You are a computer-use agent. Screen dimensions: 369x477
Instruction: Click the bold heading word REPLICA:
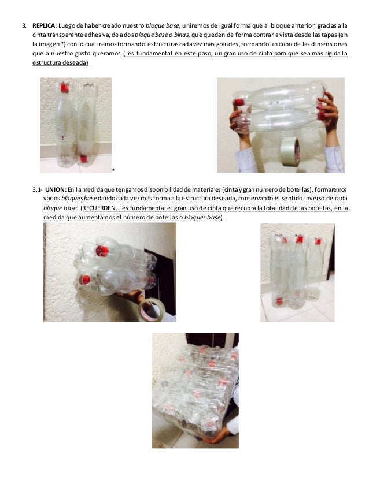(x=45, y=25)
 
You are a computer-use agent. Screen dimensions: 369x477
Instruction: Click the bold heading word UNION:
(x=56, y=189)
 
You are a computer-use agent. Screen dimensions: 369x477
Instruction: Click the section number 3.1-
(x=38, y=189)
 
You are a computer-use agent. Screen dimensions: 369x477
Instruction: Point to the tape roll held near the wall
(x=152, y=310)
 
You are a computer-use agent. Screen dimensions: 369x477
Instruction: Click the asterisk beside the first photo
(x=113, y=169)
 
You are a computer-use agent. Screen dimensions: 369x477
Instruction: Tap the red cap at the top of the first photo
(x=65, y=88)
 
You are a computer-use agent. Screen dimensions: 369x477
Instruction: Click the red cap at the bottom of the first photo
(x=83, y=158)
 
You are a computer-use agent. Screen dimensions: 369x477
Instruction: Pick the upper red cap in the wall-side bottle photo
(x=102, y=251)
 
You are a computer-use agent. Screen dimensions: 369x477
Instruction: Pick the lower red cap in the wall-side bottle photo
(x=84, y=280)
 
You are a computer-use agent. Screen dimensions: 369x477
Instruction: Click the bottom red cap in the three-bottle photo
(x=279, y=301)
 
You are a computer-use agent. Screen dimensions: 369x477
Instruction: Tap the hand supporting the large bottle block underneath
(x=218, y=435)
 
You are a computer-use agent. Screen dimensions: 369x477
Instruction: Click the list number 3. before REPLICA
(x=24, y=25)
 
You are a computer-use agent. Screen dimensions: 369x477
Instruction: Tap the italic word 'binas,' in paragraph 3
(x=182, y=35)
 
